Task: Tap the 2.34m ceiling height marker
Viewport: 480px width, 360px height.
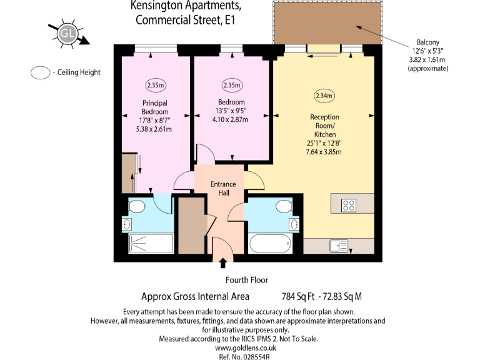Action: point(324,96)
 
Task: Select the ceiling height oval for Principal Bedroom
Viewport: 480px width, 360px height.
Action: point(155,85)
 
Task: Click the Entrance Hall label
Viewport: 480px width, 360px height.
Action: point(223,188)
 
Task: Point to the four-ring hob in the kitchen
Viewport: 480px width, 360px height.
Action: point(349,204)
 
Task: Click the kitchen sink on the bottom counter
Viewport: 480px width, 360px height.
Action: point(340,246)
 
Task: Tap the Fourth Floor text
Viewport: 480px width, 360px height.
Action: point(247,280)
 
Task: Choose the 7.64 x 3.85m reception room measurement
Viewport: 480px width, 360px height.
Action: point(324,151)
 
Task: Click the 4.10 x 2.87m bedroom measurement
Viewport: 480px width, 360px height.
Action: point(231,119)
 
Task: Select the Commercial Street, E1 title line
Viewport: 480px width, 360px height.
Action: point(187,19)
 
